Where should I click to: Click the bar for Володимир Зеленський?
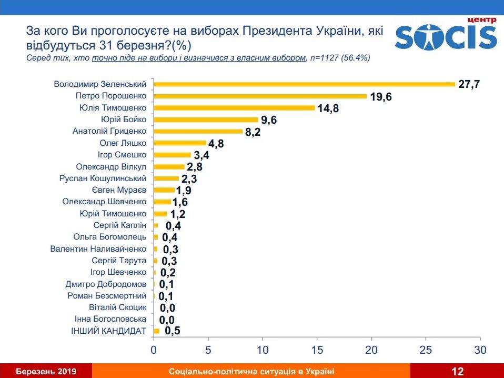point(304,84)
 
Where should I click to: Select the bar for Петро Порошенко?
point(260,96)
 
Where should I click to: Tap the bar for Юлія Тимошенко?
point(234,108)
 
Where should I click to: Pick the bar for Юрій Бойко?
point(206,120)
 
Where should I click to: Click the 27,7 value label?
point(469,84)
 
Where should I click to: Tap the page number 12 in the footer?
point(457,372)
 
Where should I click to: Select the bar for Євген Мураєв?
point(164,190)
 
